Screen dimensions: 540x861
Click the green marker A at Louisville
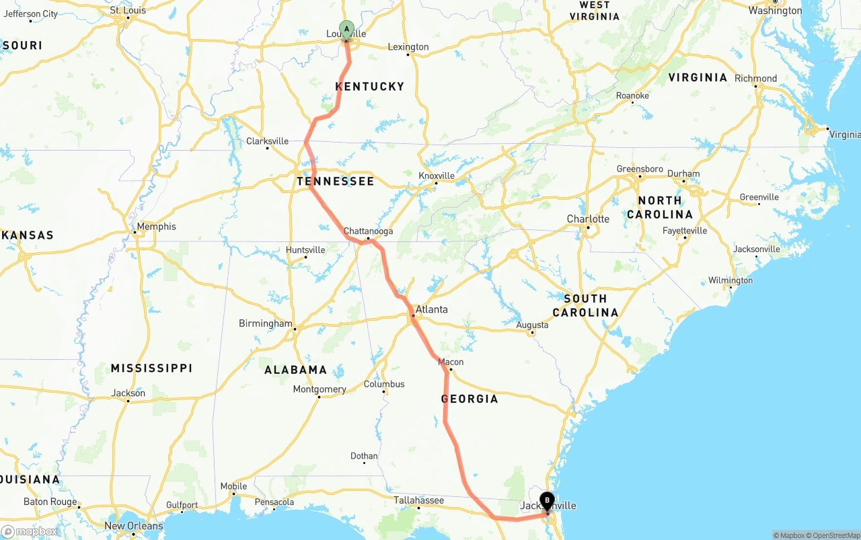[346, 29]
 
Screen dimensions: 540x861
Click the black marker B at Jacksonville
[547, 500]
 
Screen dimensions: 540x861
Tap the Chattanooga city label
[368, 231]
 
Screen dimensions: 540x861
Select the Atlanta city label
[431, 309]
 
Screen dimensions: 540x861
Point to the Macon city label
[451, 362]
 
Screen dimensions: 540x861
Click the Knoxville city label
[437, 176]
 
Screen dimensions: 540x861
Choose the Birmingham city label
[266, 323]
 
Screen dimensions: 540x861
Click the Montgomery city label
[320, 389]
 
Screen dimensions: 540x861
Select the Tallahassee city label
[418, 500]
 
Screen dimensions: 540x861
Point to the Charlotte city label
[588, 219]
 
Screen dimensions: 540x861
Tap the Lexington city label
[408, 47]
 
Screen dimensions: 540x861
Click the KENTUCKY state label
[370, 86]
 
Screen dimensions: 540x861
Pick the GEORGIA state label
[470, 399]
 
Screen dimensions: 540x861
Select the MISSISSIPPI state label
[151, 368]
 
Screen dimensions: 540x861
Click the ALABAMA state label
[295, 370]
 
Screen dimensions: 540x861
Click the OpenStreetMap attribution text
[834, 535]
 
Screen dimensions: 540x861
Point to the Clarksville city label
[267, 141]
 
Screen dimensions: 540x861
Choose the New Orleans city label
[133, 526]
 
